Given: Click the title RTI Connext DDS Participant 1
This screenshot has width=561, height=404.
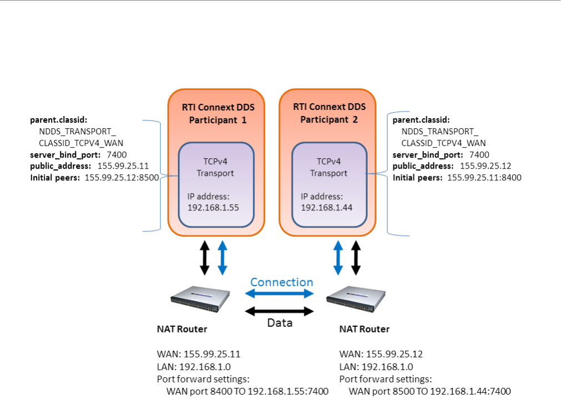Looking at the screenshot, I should click(x=216, y=113).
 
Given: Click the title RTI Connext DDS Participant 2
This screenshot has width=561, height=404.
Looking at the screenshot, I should click(x=327, y=113).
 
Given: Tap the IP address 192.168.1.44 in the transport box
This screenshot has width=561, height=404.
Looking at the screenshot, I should click(x=327, y=208).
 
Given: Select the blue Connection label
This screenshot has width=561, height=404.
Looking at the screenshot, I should click(x=281, y=282).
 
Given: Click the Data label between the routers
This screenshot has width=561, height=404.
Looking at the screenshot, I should click(x=279, y=322).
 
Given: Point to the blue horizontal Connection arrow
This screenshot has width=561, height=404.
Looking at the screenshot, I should click(x=280, y=294).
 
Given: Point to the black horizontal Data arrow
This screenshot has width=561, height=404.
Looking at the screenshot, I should click(x=280, y=310).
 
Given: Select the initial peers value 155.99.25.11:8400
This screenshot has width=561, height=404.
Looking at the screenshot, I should click(x=484, y=178).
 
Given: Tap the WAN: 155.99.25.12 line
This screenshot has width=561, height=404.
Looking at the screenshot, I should click(x=381, y=354).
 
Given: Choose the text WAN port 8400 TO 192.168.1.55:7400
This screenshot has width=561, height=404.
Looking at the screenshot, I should click(x=247, y=391).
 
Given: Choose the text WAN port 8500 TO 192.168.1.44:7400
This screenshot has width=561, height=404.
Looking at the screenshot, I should click(x=429, y=391).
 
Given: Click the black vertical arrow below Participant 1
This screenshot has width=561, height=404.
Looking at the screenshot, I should click(x=204, y=258).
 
